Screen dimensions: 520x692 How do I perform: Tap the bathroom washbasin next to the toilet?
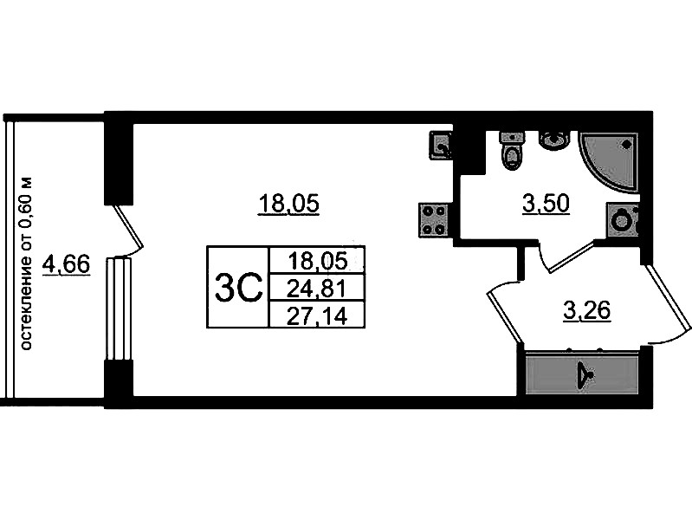(552, 139)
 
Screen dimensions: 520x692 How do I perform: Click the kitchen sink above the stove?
(441, 145)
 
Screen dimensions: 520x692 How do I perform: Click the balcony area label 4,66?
(66, 263)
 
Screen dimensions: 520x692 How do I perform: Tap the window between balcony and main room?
(117, 308)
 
